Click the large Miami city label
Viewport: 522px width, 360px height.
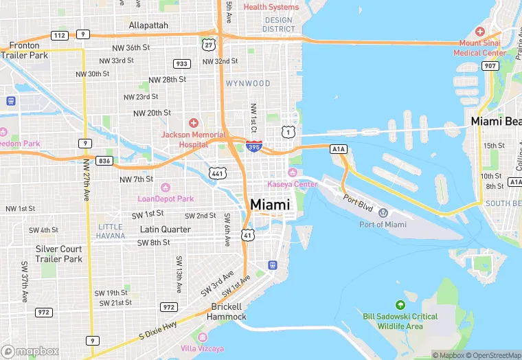point(270,205)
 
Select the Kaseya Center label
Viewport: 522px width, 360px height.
point(293,184)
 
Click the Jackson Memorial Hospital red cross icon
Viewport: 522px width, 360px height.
point(194,122)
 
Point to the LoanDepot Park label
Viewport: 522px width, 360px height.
point(166,199)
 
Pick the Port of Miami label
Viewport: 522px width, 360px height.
point(383,224)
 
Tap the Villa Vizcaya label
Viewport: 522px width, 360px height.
point(202,348)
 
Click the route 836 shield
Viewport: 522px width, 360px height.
point(104,161)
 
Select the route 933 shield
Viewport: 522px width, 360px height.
point(182,63)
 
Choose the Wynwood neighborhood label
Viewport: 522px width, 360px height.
point(248,83)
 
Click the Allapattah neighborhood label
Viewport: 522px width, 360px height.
point(148,25)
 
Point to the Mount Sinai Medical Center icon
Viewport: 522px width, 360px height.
point(480,32)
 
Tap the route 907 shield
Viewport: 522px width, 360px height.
point(490,66)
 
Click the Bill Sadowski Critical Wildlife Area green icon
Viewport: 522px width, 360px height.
point(400,304)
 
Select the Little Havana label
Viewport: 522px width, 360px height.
point(111,231)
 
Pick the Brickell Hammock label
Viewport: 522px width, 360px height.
point(228,311)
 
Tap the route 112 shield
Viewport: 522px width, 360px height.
point(59,35)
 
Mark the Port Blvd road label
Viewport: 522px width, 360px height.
point(359,203)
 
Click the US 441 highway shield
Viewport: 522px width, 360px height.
point(218,175)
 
